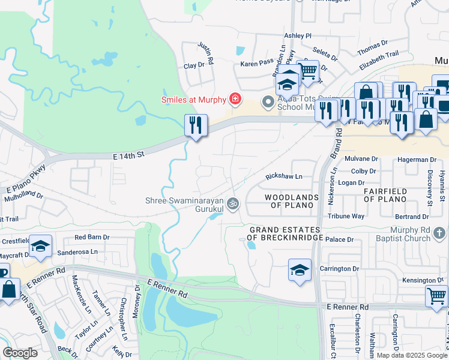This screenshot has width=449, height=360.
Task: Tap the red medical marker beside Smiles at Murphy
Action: tap(235, 98)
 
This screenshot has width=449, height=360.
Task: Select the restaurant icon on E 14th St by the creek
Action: tap(196, 126)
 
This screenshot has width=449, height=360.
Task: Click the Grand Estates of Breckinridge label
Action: tap(285, 233)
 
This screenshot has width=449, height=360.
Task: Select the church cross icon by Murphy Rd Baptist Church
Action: tap(440, 233)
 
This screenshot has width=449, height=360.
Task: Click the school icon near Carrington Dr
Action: tap(300, 271)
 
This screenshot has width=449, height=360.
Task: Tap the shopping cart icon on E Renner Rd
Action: tap(436, 296)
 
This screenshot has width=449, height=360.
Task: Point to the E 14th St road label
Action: tap(129, 155)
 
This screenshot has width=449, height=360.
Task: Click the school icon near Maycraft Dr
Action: tap(40, 247)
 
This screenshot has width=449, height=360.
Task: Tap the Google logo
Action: tap(20, 353)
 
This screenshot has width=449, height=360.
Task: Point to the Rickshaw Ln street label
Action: tap(284, 177)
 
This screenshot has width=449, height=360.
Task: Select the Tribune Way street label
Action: tap(346, 216)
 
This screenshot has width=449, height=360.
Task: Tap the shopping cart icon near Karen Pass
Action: tap(307, 71)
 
